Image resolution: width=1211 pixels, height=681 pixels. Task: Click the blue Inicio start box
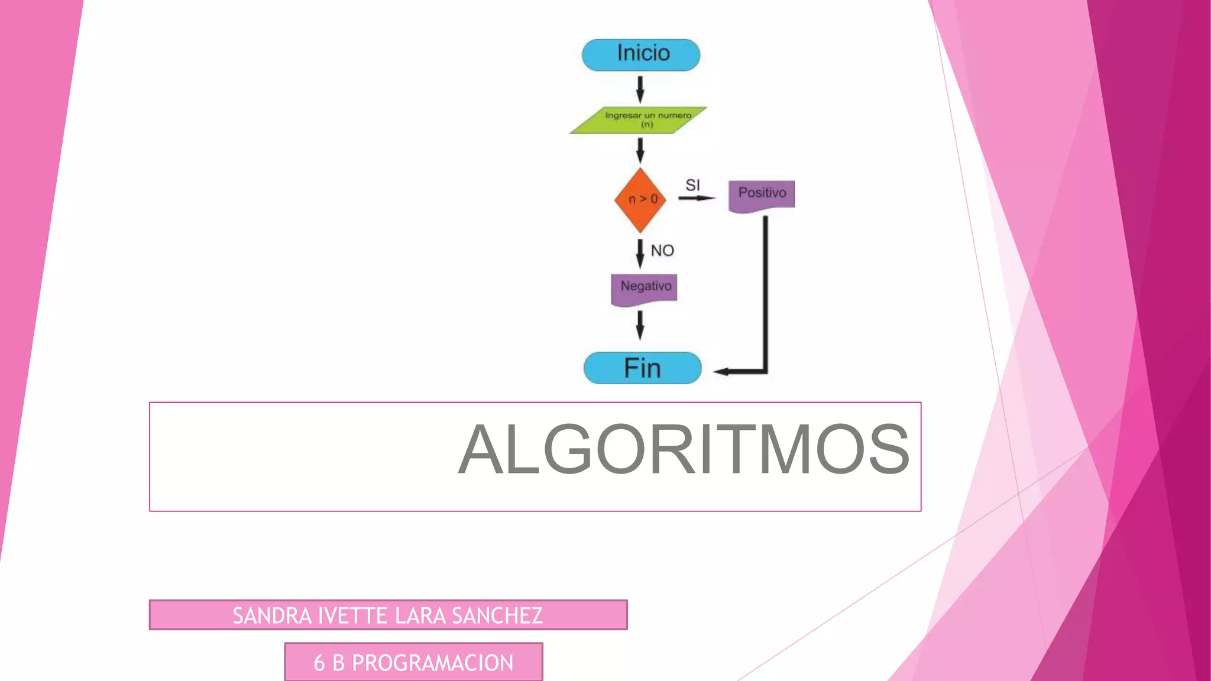641,55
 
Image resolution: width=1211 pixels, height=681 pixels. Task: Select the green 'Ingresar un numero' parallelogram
639,120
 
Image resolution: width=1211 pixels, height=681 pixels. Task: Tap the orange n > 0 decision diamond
640,200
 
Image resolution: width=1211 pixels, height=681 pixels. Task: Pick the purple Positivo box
762,195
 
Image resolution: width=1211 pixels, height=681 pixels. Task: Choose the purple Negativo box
644,288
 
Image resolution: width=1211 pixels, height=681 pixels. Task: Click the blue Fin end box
642,368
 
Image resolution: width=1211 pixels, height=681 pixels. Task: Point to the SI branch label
692,185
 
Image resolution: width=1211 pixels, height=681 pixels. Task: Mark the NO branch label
662,251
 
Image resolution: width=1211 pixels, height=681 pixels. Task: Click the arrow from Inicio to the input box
640,89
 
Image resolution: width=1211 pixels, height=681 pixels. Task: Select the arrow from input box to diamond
640,150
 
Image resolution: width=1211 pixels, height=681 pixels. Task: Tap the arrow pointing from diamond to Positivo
696,198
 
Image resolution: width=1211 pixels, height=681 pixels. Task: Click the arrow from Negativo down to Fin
640,325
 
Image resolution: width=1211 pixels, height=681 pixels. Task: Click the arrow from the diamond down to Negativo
640,253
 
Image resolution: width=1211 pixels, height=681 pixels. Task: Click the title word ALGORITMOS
684,449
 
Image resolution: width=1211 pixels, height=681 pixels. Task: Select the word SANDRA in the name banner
271,616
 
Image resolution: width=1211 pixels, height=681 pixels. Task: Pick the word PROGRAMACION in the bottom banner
432,663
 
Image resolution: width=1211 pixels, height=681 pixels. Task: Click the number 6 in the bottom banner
319,663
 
